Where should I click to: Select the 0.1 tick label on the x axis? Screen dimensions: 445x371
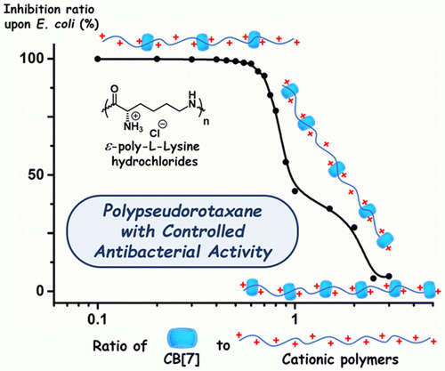click(x=98, y=320)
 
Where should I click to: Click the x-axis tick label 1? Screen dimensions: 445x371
click(x=295, y=320)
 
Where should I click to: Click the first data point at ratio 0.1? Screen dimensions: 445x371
click(x=98, y=59)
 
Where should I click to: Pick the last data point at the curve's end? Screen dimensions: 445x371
click(x=389, y=277)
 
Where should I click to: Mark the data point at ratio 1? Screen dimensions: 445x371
click(x=295, y=191)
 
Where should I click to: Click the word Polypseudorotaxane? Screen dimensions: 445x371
click(x=182, y=213)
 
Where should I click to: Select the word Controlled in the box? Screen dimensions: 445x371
click(x=205, y=231)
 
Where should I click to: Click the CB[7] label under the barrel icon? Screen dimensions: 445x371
click(x=182, y=359)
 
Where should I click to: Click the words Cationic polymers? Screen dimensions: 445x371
click(x=340, y=359)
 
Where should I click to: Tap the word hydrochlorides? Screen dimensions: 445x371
click(x=154, y=162)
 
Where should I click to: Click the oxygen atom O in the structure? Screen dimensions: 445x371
click(x=115, y=89)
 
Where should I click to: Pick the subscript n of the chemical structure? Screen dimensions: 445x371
click(x=206, y=122)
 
